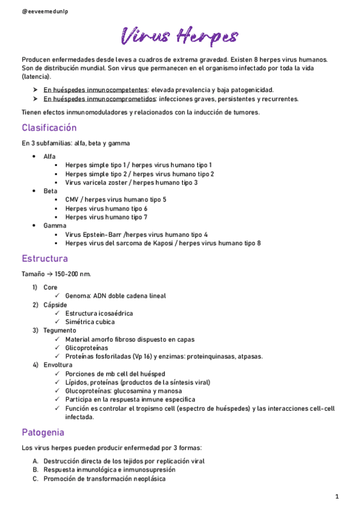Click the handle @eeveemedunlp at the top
(x=44, y=11)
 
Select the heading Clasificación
(x=49, y=128)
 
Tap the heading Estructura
(x=44, y=259)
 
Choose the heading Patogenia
(x=43, y=432)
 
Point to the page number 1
(x=337, y=496)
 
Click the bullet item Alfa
(x=49, y=156)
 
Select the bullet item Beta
(x=50, y=191)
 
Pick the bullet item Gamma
(x=54, y=226)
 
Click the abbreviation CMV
(x=73, y=200)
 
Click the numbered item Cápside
(x=55, y=305)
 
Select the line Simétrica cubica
(x=91, y=322)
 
